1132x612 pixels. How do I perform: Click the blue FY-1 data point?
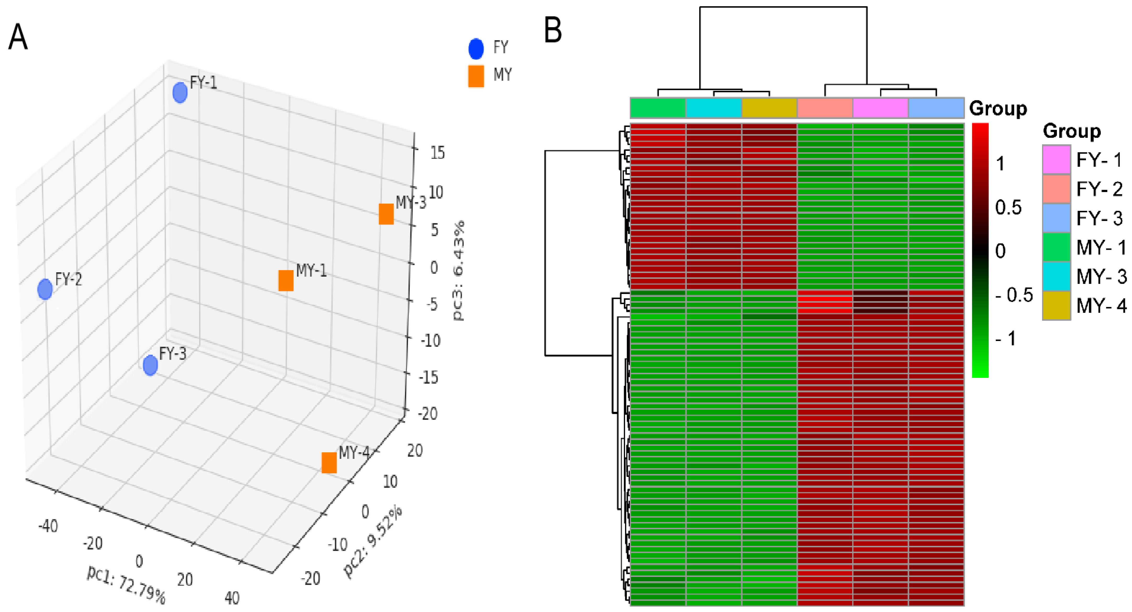pos(180,93)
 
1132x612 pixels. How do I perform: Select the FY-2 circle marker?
pos(45,289)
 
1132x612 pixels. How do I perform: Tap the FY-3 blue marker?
pos(150,365)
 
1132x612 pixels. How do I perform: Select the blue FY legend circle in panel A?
pos(476,49)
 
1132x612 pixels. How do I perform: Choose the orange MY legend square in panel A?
pos(476,76)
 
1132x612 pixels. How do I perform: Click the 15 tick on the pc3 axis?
pos(437,153)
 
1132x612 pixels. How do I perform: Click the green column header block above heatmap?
pos(658,108)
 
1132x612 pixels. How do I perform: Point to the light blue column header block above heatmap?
pos(936,108)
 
